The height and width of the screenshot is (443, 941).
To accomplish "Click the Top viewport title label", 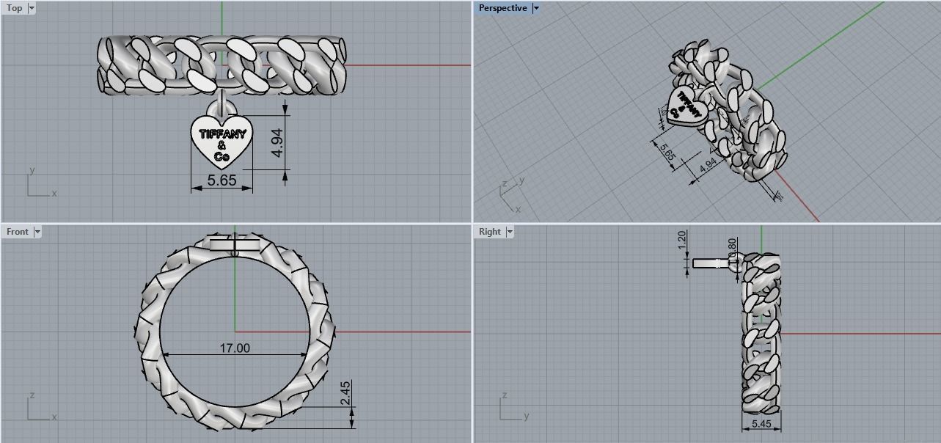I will [x=14, y=8].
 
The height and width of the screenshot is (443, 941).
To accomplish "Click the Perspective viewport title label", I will [x=502, y=8].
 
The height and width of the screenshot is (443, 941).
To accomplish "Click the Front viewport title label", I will [x=17, y=232].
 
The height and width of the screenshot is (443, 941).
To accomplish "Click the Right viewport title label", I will [x=489, y=232].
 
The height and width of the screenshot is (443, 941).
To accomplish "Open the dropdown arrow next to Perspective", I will [x=536, y=8].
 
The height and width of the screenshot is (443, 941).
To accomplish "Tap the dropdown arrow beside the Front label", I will [x=37, y=232].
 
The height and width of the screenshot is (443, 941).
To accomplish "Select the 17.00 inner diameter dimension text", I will [x=235, y=348].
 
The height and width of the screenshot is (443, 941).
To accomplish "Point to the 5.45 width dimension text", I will [x=761, y=423].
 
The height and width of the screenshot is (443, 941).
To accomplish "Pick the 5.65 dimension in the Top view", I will [x=221, y=180].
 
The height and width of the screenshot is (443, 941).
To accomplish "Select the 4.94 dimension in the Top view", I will [x=277, y=142].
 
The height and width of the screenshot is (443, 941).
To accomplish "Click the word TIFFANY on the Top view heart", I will [x=221, y=134].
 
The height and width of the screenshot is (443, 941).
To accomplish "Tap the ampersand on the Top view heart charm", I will [x=221, y=145].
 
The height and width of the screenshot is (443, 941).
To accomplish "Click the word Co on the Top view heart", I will [x=221, y=156].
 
